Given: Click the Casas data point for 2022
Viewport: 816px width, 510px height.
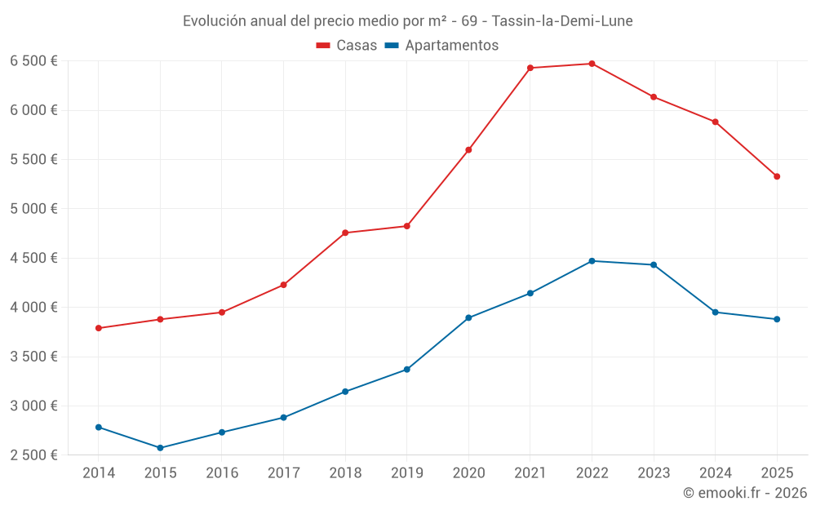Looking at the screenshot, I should tap(592, 64).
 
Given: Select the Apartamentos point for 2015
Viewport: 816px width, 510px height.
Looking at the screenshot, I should tap(160, 448).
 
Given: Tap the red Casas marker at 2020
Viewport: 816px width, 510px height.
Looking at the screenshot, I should tap(468, 150).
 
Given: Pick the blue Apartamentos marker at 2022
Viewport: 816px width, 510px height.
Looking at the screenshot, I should tap(592, 261).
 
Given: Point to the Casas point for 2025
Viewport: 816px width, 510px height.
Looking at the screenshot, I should tap(777, 176).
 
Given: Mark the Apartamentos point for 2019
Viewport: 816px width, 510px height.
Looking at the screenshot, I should tap(407, 370).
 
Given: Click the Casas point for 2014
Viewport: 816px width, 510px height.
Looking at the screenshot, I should tap(99, 328).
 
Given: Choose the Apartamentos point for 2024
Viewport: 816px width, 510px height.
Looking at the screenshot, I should tap(716, 312).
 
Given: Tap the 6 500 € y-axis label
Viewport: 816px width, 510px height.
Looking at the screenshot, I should tap(33, 61).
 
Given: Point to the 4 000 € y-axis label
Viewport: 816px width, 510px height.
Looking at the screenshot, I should tap(33, 308).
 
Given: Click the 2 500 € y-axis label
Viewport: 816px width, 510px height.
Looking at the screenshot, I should tap(33, 455).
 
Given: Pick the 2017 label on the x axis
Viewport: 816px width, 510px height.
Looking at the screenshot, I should tap(283, 473).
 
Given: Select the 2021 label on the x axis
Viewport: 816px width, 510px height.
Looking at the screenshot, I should tap(530, 473).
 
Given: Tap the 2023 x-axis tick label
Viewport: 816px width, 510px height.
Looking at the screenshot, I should tap(654, 473).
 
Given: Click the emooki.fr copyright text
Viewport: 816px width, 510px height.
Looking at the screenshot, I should tap(745, 493).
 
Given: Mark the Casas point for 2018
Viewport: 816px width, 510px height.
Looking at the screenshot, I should tap(345, 233).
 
